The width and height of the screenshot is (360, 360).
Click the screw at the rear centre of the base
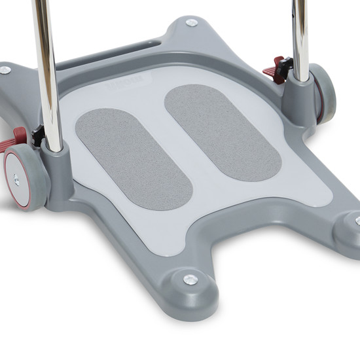(x=191, y=23)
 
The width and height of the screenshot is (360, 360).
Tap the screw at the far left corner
(x=5, y=70)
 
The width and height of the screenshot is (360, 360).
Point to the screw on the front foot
(x=190, y=279)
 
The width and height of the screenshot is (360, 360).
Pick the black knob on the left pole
(x=38, y=135)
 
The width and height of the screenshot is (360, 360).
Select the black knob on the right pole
(x=287, y=65)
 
